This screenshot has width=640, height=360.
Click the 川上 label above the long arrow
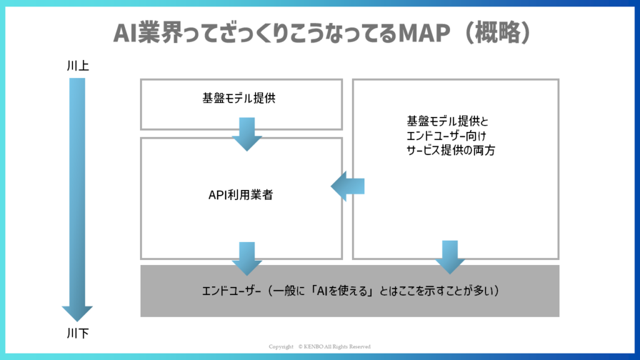[77, 66]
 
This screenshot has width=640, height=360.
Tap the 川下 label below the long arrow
[77, 334]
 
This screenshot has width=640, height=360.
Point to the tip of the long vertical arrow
[77, 322]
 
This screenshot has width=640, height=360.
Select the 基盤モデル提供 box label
[239, 98]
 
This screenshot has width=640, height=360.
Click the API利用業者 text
[241, 195]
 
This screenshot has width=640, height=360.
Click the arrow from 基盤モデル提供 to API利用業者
[247, 134]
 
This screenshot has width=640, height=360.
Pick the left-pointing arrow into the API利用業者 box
[347, 186]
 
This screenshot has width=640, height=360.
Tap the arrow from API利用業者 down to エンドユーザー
[247, 259]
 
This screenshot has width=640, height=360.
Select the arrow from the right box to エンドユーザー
[450, 257]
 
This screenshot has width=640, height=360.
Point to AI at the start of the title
[125, 33]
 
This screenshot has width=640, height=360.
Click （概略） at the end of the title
[497, 33]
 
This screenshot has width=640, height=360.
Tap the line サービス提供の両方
[451, 151]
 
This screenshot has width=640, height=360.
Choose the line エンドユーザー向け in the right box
[446, 136]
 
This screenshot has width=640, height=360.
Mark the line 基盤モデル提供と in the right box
[447, 121]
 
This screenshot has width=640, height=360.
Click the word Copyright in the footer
[281, 346]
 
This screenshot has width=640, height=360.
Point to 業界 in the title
[162, 33]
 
